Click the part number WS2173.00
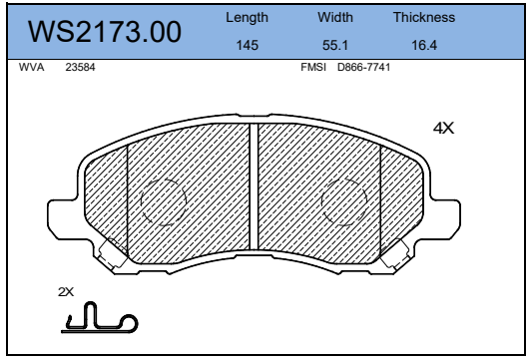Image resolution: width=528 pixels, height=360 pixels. click(105, 32)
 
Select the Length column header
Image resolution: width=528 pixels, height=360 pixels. click(247, 18)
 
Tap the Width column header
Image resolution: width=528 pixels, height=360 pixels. click(335, 17)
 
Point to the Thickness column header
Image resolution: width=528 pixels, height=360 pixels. click(424, 17)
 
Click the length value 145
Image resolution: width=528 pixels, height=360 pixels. click(248, 45)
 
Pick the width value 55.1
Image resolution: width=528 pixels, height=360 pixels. click(335, 45)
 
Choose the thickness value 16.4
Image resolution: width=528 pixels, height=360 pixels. click(424, 45)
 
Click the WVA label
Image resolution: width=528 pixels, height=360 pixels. click(31, 67)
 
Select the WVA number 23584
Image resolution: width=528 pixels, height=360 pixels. click(80, 67)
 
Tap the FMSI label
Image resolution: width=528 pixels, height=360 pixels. click(313, 67)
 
